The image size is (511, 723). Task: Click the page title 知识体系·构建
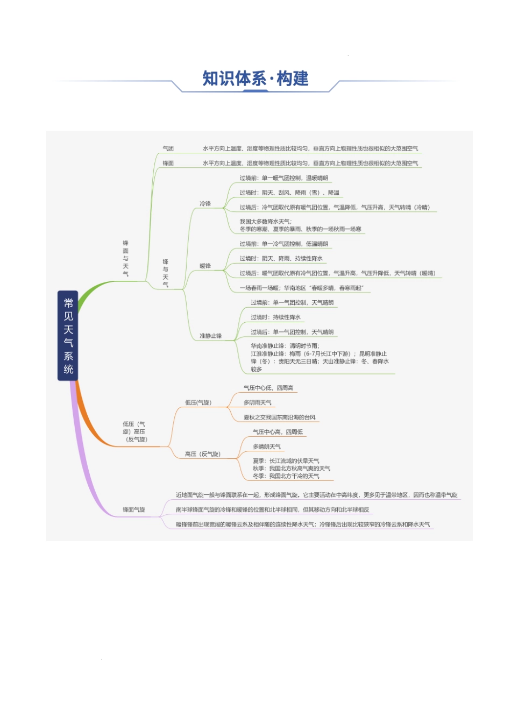[256, 79]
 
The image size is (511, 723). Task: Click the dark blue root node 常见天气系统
[68, 335]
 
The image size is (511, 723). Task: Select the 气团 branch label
[168, 148]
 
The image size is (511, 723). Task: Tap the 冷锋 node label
[205, 204]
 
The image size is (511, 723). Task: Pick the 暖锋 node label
[205, 266]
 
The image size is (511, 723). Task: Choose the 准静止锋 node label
[210, 336]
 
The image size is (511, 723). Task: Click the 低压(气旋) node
[198, 402]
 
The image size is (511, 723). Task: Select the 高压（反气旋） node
[202, 454]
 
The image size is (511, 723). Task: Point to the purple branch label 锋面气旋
[134, 509]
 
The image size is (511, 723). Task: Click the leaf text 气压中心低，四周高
[268, 388]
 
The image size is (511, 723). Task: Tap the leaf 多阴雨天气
[258, 402]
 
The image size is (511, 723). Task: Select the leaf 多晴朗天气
[267, 446]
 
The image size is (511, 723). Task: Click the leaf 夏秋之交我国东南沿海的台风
[280, 417]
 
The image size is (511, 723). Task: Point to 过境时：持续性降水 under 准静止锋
[275, 317]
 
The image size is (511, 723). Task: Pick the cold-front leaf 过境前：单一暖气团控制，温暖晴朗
[283, 178]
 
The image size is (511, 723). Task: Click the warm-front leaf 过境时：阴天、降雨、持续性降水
[281, 259]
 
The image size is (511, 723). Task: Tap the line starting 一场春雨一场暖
[301, 288]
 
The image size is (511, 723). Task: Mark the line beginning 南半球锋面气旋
[272, 509]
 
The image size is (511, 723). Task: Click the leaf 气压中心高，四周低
[278, 432]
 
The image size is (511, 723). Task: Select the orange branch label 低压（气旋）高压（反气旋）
[134, 431]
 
